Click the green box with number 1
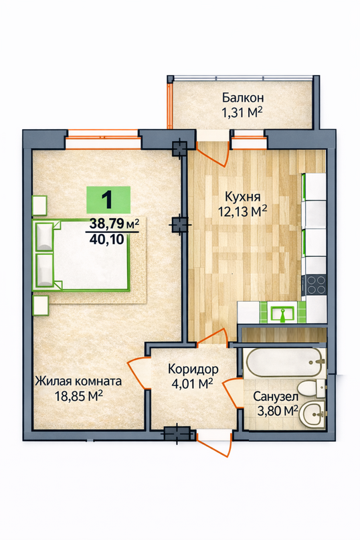point(108,199)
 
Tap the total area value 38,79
point(106,224)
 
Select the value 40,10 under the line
point(106,239)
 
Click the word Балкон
point(243,98)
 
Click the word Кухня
point(242,197)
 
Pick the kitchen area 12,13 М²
point(242,211)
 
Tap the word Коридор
point(193,369)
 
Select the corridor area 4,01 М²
point(192,383)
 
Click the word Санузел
point(276,397)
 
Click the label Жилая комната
point(78,381)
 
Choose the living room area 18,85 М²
point(79,396)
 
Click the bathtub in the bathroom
point(285,363)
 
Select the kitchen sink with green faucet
point(282,313)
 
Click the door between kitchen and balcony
point(213,153)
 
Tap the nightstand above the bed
point(39,206)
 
